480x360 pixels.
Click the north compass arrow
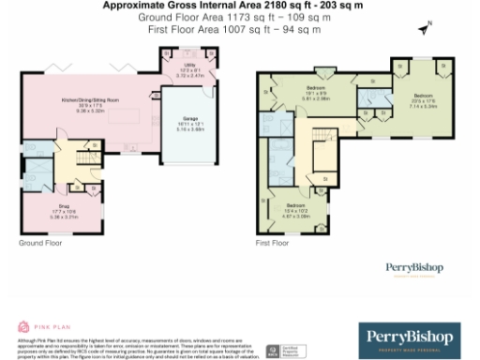coord(425,29)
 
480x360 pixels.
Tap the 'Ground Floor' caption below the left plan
coord(38,242)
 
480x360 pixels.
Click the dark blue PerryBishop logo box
coord(410,336)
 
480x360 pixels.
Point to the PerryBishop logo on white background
coord(413,268)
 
